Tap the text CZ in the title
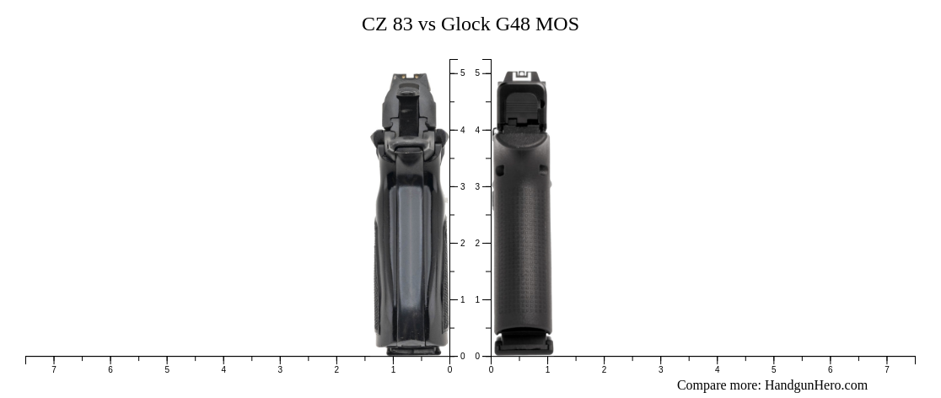point(374,24)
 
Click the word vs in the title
point(427,24)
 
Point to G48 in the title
point(513,24)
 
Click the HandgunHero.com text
point(815,385)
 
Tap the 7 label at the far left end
point(54,369)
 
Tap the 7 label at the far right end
point(886,369)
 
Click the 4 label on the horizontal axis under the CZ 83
point(223,369)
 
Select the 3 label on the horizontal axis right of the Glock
point(660,369)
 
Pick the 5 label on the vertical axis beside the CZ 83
point(462,73)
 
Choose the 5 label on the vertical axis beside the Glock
point(477,73)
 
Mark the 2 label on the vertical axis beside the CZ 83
point(462,244)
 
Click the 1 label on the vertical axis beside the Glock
point(477,300)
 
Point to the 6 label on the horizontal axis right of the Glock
point(830,369)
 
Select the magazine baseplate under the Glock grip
point(524,344)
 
